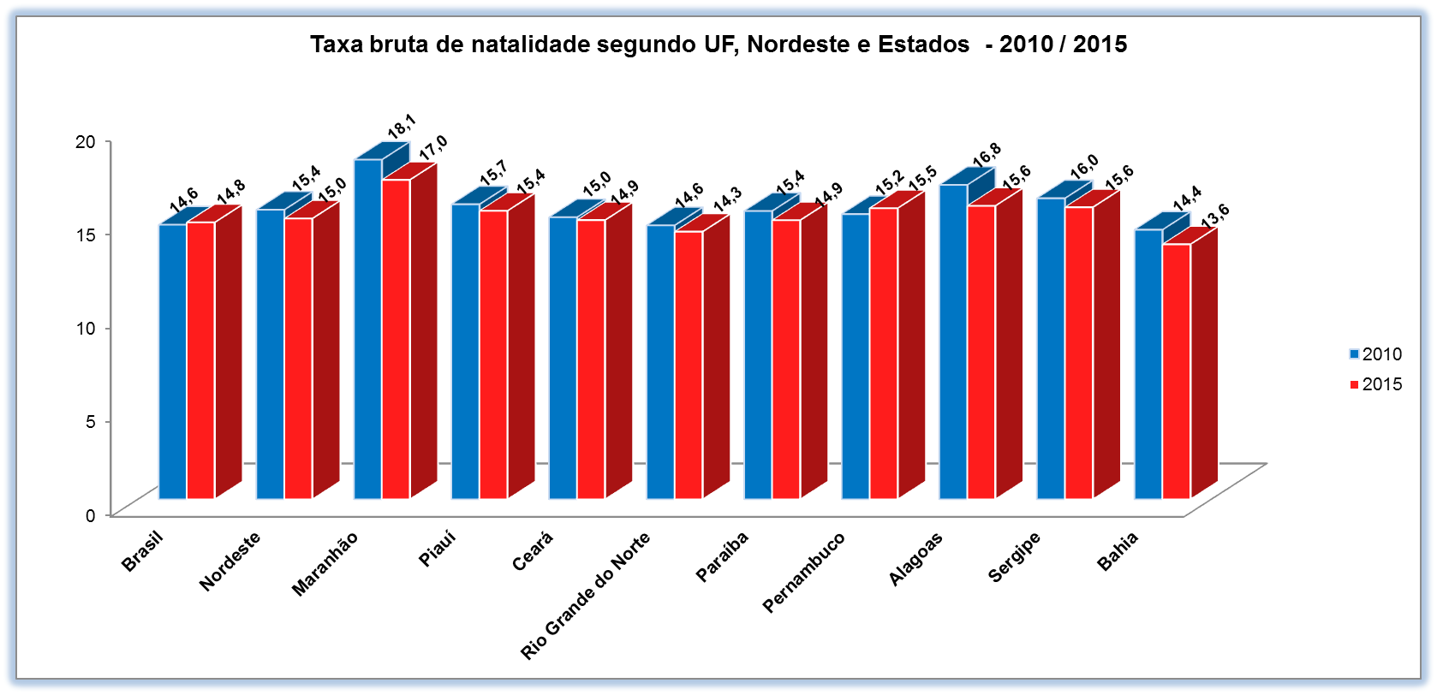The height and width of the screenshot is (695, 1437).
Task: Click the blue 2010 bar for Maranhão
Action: click(368, 330)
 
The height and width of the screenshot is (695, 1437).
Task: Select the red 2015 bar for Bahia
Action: click(1176, 371)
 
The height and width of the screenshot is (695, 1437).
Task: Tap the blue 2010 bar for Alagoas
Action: click(953, 342)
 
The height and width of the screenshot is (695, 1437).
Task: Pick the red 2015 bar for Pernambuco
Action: click(883, 353)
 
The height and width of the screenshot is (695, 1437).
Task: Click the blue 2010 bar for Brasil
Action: click(173, 361)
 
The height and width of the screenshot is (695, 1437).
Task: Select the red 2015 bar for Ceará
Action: click(591, 359)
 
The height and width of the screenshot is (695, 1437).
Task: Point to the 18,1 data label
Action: click(401, 127)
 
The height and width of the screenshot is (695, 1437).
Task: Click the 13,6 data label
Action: click(1214, 216)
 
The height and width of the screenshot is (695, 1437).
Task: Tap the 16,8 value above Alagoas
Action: click(987, 155)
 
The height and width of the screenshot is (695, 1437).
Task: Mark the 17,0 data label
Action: click(432, 147)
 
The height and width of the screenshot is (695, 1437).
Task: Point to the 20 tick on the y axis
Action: click(85, 141)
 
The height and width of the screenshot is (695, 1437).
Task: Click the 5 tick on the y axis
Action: click(90, 421)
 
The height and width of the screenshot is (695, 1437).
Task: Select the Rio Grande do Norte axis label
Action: click(585, 596)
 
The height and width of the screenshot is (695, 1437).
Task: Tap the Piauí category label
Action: click(437, 549)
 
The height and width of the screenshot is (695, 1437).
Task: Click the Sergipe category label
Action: click(1014, 557)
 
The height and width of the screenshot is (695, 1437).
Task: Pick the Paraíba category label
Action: click(722, 556)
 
